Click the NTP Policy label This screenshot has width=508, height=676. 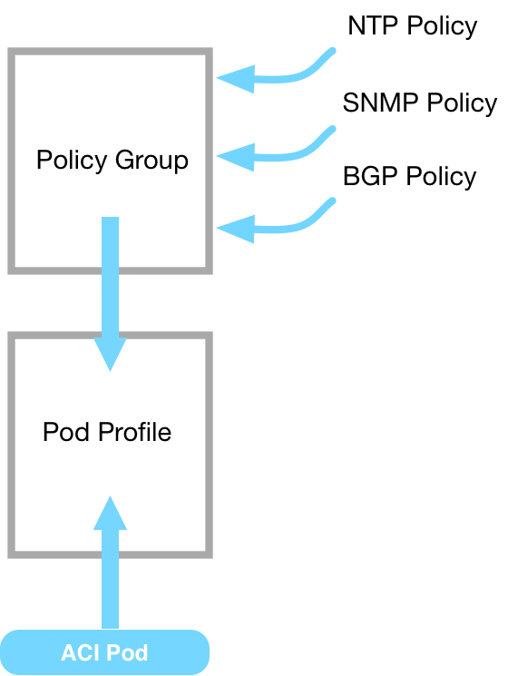[413, 26]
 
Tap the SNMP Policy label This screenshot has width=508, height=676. [420, 103]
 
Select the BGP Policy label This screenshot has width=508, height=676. [410, 177]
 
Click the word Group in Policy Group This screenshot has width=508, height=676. [151, 161]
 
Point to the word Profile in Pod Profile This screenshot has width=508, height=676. [134, 432]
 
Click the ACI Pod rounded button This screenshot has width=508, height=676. [104, 652]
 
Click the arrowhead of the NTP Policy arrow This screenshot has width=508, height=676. [236, 79]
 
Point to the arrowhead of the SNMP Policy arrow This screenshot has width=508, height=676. [236, 157]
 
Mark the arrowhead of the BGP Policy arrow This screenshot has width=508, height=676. [236, 229]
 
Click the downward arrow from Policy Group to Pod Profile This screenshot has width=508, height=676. [111, 294]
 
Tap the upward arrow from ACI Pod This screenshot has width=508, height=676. [111, 563]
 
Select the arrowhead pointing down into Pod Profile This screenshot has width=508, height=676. [111, 355]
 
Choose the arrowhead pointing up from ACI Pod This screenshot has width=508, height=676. [111, 513]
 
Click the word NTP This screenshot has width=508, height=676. [373, 26]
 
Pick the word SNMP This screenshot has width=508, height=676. [380, 103]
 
